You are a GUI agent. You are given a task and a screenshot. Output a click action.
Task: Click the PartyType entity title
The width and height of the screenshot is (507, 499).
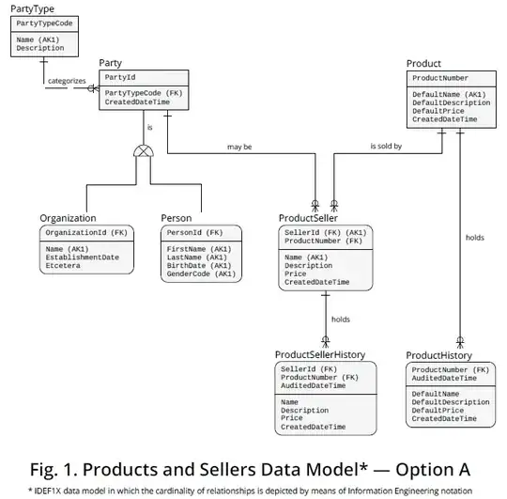click(x=32, y=8)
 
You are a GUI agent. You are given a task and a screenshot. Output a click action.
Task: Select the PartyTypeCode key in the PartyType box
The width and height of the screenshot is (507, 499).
click(x=44, y=21)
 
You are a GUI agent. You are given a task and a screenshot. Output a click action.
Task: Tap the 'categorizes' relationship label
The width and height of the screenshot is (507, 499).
click(x=68, y=81)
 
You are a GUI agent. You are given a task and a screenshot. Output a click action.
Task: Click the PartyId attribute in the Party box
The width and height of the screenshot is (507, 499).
click(x=119, y=77)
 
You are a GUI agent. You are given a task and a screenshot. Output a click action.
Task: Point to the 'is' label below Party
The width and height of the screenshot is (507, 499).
click(x=148, y=127)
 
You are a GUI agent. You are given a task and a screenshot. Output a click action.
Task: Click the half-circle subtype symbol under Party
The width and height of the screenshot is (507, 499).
click(x=143, y=150)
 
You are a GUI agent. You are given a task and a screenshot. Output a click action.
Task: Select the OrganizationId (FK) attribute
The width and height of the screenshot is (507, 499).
click(x=85, y=231)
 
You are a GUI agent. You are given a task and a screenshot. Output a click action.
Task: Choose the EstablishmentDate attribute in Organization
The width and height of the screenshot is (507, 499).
click(x=83, y=257)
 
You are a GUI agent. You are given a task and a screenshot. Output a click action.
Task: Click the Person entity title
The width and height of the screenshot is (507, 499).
click(x=177, y=218)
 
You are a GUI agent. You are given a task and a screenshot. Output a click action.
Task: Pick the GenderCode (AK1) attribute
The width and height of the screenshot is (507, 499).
click(x=200, y=273)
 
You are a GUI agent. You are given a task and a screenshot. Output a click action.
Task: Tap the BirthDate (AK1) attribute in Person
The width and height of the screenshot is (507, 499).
click(x=200, y=265)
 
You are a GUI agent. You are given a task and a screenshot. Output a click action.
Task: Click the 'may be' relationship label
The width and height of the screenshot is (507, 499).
click(x=241, y=147)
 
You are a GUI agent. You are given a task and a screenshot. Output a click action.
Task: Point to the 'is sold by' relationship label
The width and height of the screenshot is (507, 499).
click(x=386, y=147)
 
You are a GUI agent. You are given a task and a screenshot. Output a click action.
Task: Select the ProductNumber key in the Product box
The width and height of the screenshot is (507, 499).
click(x=440, y=78)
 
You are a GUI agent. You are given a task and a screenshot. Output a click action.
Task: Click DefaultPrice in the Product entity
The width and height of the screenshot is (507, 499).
click(x=438, y=111)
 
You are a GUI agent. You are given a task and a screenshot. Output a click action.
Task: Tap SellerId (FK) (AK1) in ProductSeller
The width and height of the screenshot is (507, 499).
click(x=325, y=231)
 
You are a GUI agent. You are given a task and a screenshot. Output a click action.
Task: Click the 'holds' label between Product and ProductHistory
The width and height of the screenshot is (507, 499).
click(x=475, y=238)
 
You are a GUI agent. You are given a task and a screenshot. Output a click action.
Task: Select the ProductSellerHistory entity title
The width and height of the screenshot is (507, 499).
click(x=319, y=355)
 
